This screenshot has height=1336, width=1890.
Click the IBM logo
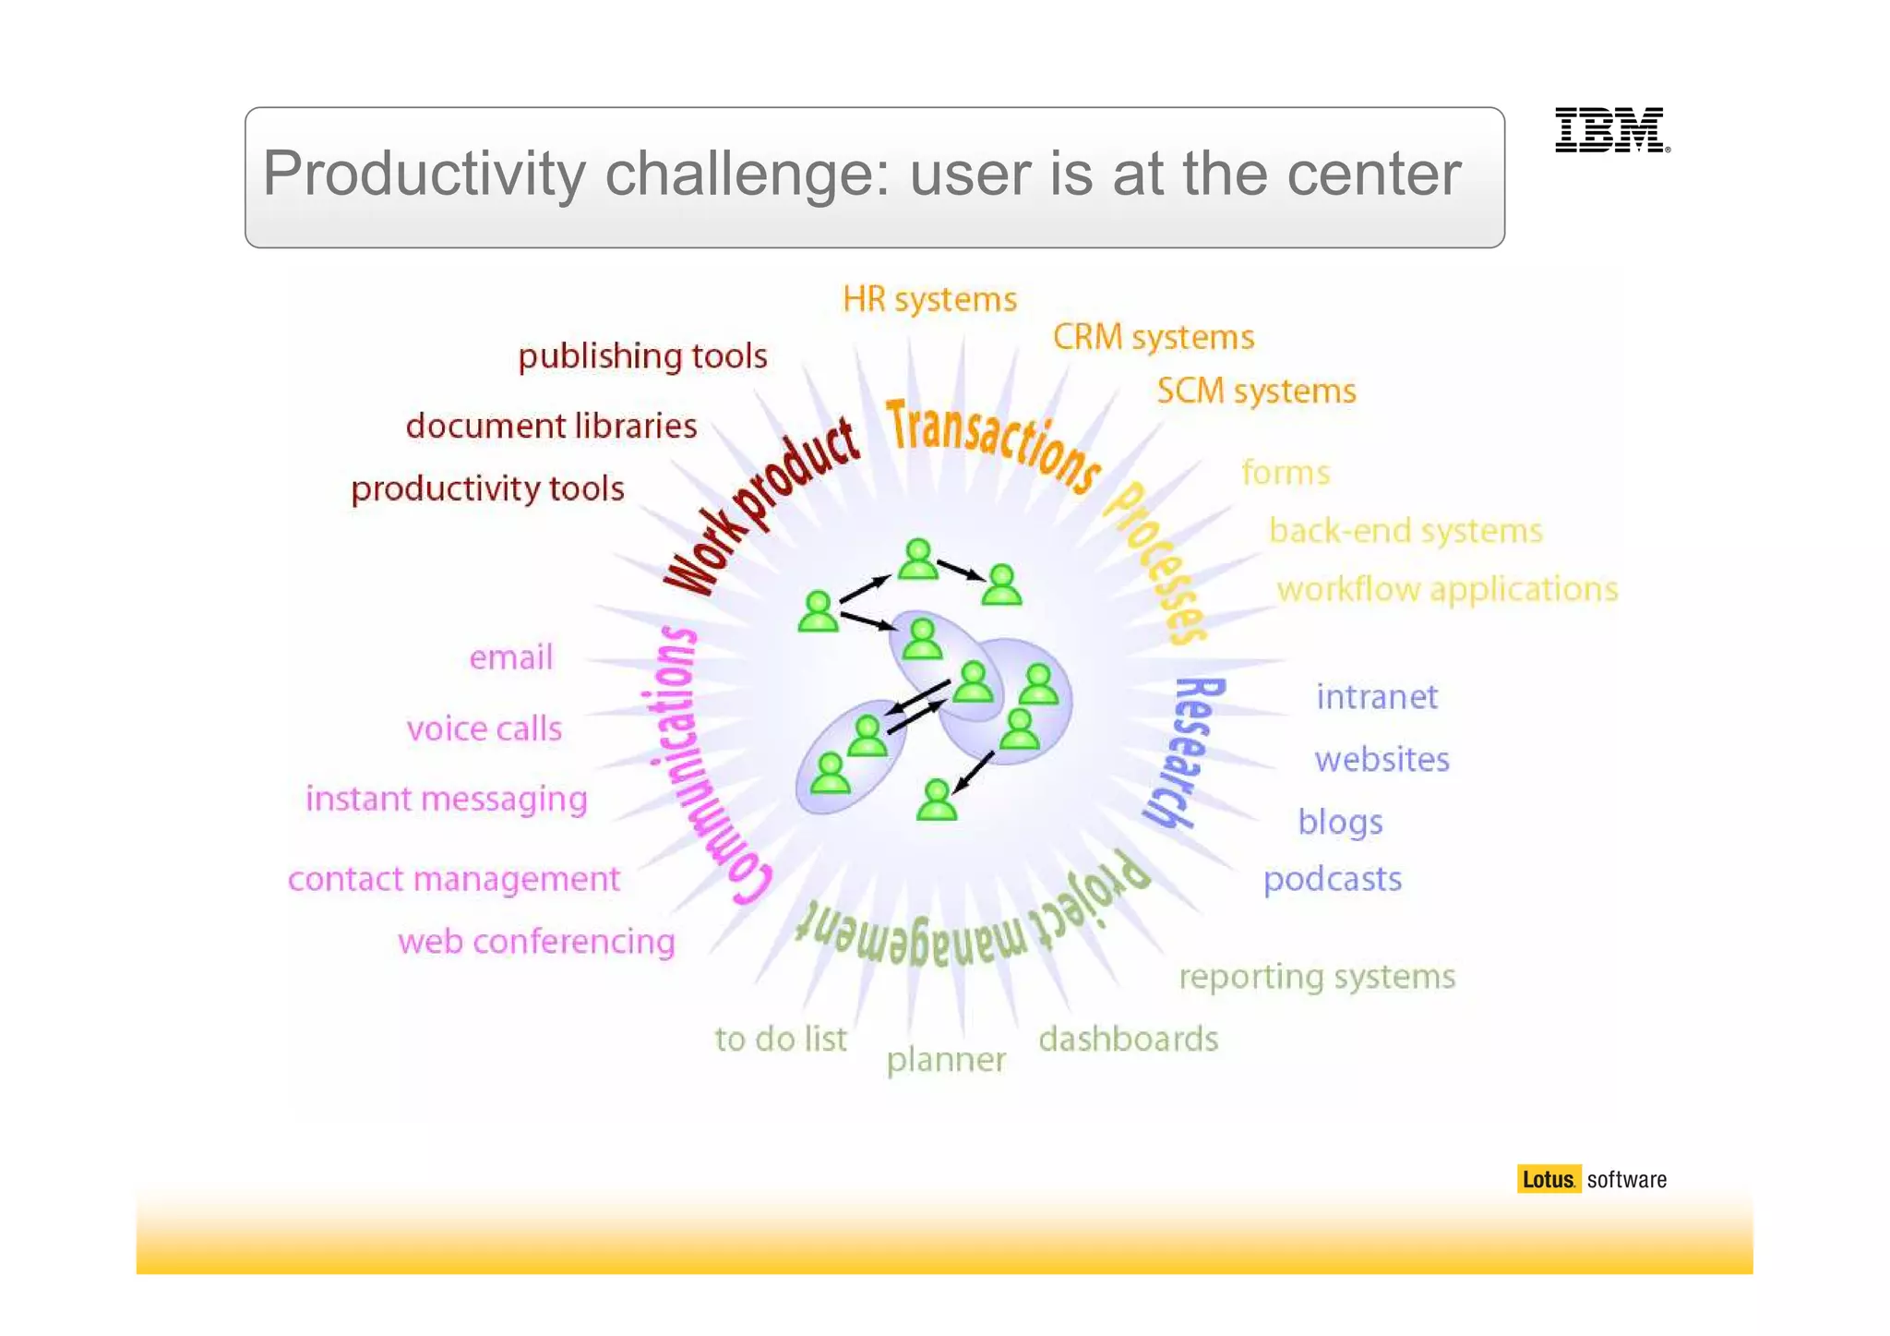point(1611,129)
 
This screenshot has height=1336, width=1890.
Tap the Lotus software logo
point(1591,1179)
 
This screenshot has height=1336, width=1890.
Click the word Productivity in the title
point(425,174)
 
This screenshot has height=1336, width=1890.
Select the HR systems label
point(929,299)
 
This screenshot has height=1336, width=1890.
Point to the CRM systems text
point(1153,337)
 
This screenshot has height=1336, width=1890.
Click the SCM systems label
point(1256,391)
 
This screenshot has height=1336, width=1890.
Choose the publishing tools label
point(642,356)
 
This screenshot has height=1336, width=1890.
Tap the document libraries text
point(551,426)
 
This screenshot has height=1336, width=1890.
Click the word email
point(510,657)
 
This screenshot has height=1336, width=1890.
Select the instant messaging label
point(446,799)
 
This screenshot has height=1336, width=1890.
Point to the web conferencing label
point(536,942)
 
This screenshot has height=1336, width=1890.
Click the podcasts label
point(1332,879)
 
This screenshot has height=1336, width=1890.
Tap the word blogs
point(1340,822)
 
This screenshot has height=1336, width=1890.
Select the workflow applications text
point(1447,589)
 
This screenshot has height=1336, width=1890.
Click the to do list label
point(781,1039)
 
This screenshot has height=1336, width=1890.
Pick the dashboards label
point(1128,1039)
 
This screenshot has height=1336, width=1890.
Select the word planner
point(946,1059)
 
